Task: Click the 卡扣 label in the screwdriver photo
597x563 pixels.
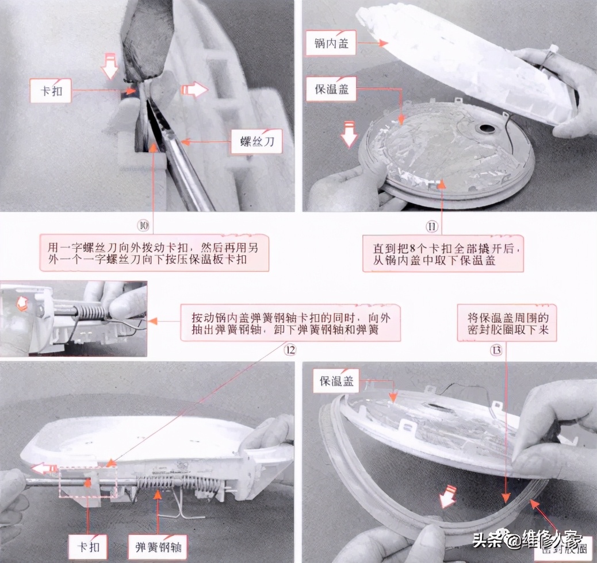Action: coord(51,91)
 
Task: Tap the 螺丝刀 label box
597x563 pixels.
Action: coord(257,142)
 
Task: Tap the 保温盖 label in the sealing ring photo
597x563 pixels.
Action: coord(335,380)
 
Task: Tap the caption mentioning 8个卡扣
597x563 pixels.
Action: coord(443,253)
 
